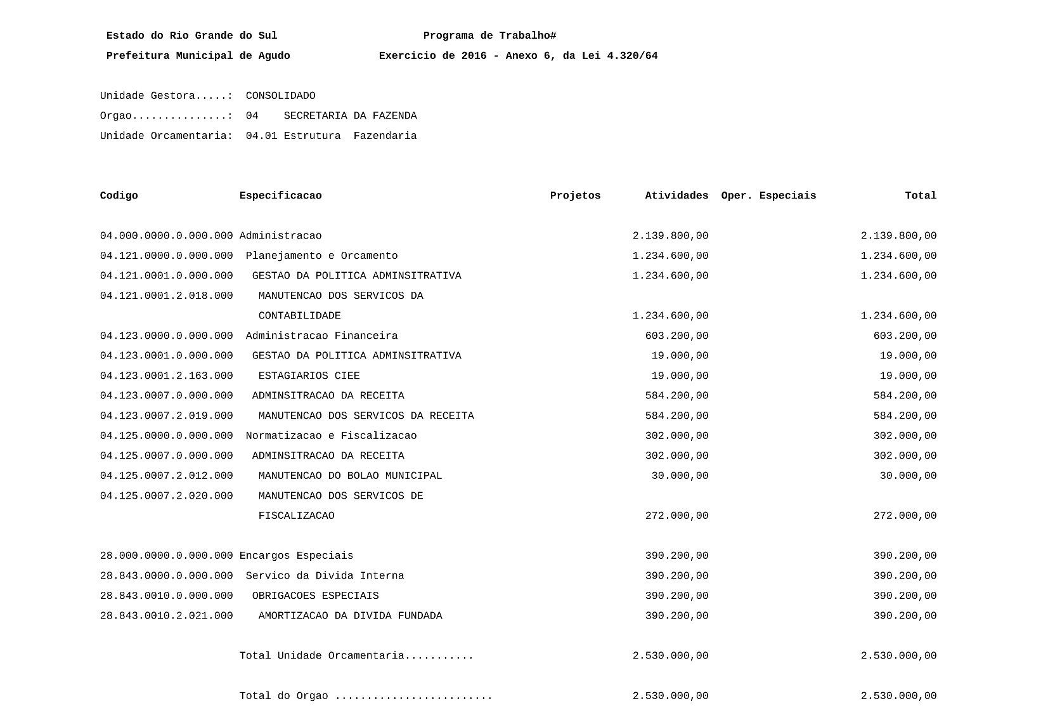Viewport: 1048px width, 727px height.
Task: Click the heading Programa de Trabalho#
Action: click(x=489, y=36)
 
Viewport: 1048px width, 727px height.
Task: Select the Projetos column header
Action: click(x=575, y=196)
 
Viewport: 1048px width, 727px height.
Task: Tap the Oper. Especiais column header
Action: click(x=768, y=196)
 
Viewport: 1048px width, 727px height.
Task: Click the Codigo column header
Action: click(x=119, y=196)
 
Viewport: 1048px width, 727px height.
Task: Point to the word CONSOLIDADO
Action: click(x=280, y=96)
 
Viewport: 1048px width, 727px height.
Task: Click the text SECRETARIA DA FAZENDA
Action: click(x=350, y=116)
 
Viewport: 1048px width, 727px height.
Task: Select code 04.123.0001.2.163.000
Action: click(x=166, y=376)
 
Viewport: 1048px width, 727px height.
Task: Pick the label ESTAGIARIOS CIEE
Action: click(x=309, y=376)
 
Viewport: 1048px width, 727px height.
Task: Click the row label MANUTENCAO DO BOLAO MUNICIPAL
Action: click(x=350, y=476)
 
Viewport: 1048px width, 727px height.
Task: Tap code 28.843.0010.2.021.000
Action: click(x=166, y=616)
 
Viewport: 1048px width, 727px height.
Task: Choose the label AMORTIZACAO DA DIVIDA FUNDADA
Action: click(x=350, y=616)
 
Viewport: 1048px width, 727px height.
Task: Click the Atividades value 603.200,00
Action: click(x=676, y=336)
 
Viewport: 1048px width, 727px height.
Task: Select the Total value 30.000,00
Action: click(x=908, y=476)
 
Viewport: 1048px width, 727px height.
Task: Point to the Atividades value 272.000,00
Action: click(x=676, y=516)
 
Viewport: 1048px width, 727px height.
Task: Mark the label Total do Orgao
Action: click(x=283, y=697)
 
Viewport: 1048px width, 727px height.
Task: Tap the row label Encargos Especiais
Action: click(x=296, y=556)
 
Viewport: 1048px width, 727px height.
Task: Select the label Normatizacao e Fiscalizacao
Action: click(x=331, y=436)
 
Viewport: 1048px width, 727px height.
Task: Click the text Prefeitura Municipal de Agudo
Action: click(x=198, y=56)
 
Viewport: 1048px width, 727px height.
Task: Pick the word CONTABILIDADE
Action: click(x=299, y=317)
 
